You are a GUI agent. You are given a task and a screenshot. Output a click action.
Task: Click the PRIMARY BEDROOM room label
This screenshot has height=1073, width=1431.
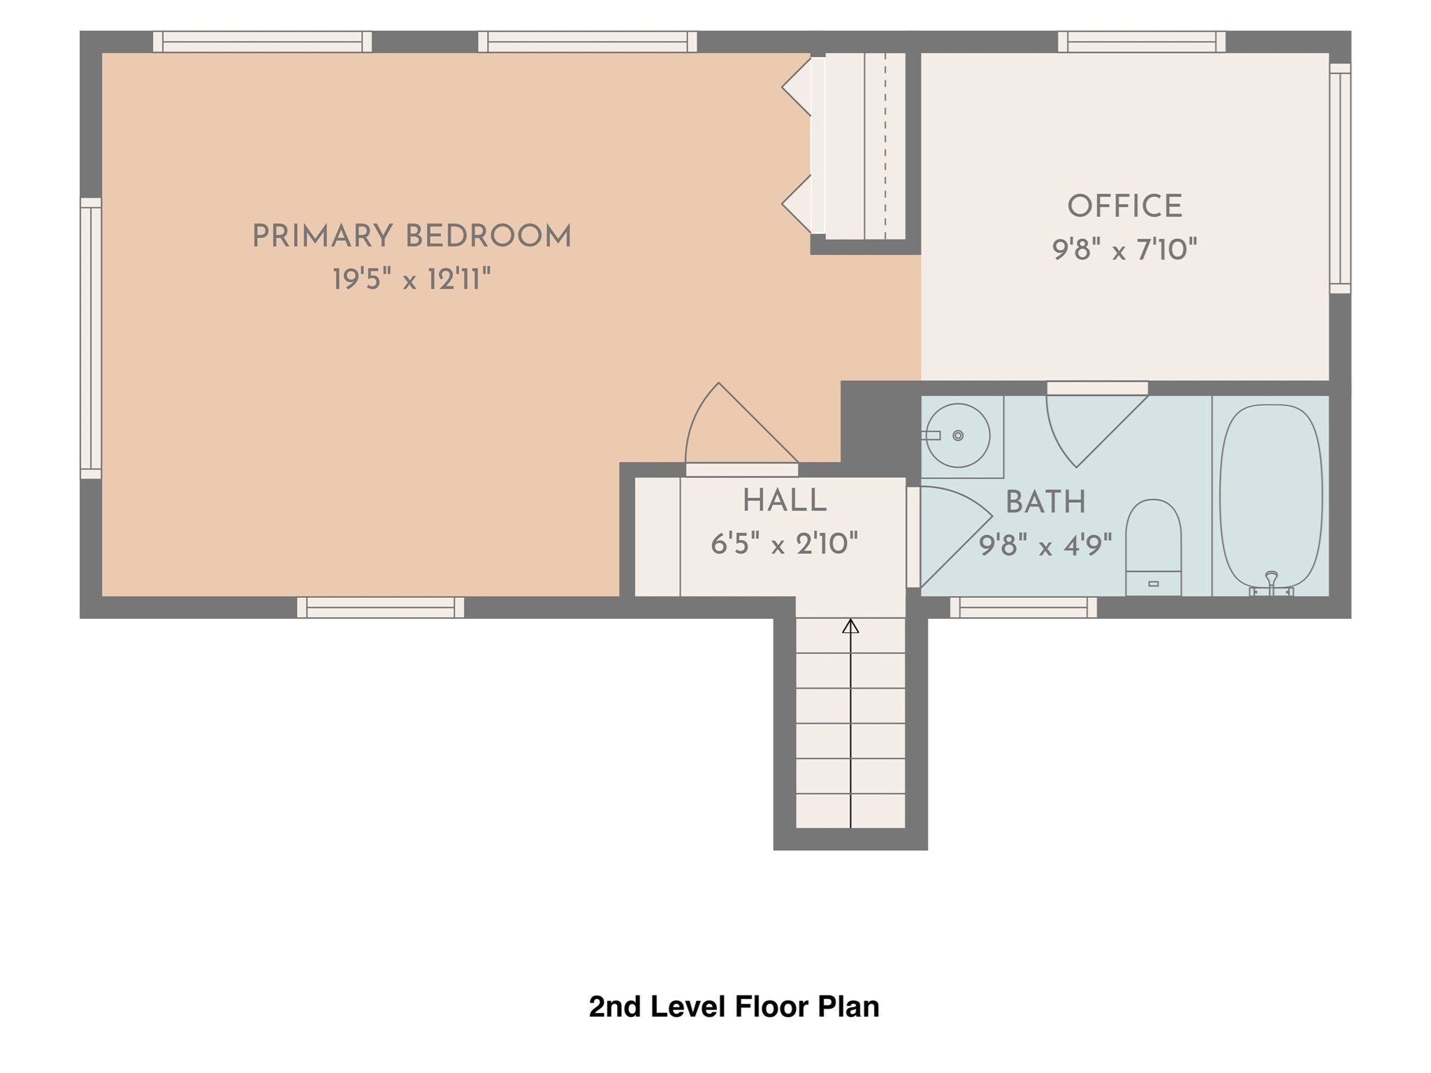click(412, 237)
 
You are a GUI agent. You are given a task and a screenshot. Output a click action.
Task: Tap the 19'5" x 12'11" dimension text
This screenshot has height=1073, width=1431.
click(412, 280)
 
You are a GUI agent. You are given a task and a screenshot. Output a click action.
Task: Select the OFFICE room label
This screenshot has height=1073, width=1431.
click(1125, 207)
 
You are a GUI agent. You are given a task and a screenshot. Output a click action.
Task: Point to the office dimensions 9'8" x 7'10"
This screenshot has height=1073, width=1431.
click(1125, 249)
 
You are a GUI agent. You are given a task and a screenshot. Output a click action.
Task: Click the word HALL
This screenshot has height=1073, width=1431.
click(785, 501)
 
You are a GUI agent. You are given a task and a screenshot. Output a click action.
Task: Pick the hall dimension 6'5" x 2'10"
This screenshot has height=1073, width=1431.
click(785, 543)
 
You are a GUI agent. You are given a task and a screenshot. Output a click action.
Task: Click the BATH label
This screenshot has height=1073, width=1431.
click(1045, 502)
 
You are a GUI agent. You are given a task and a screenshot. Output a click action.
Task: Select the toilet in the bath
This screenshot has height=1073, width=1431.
click(1154, 548)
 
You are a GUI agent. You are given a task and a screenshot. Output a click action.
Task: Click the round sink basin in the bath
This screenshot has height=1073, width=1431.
click(958, 435)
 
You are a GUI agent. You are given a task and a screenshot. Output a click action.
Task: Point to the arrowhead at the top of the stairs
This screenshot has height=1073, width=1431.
click(850, 626)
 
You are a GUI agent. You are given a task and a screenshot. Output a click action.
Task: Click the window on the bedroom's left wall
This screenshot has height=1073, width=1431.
click(91, 339)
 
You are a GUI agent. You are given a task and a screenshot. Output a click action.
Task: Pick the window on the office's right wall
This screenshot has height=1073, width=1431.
click(1340, 178)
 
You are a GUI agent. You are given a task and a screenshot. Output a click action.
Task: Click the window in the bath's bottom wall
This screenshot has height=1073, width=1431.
click(1024, 608)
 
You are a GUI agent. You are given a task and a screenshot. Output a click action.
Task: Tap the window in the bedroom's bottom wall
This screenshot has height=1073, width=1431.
click(381, 608)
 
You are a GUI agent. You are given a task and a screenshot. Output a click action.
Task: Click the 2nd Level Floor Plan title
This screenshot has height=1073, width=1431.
click(734, 1007)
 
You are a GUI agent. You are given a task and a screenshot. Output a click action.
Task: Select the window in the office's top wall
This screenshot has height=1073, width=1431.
click(1142, 42)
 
